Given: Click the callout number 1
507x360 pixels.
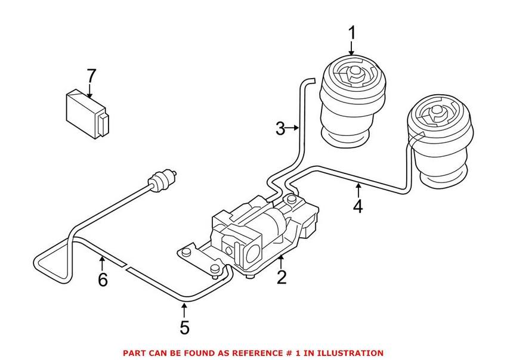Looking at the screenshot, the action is click(x=351, y=33).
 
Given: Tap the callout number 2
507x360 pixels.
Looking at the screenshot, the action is click(x=282, y=277).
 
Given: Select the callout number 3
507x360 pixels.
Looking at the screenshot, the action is click(x=280, y=128).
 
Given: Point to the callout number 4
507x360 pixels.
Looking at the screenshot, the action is click(x=358, y=206).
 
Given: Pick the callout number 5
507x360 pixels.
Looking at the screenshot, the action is click(x=184, y=327).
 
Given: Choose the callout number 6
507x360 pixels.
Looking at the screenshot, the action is click(x=103, y=280).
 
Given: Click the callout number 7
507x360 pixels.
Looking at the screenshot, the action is click(x=91, y=76).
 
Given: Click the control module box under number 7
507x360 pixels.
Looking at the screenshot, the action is click(x=87, y=114).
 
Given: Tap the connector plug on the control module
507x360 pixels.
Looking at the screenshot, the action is click(x=103, y=125).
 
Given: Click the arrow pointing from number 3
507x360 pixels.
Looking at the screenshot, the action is click(x=293, y=128).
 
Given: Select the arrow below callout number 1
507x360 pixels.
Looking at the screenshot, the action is click(x=351, y=48).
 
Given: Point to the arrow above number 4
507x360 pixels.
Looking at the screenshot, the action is click(x=358, y=190).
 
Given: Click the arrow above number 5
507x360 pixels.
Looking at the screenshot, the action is click(x=184, y=310).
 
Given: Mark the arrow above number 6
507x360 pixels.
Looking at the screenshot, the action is click(x=102, y=263).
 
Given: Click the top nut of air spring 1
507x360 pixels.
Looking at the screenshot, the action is click(x=355, y=73).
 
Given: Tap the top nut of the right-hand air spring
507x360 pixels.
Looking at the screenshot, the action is click(x=437, y=113).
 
